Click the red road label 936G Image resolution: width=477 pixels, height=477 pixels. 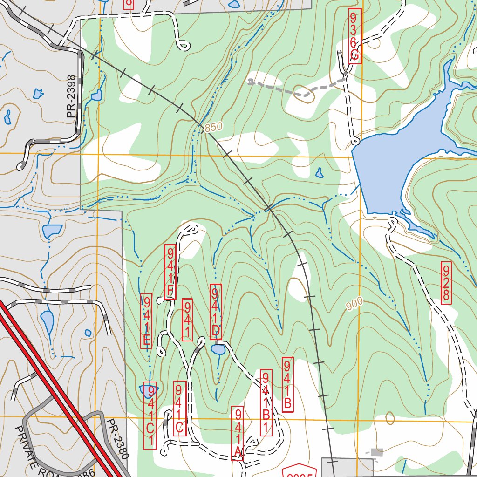pyautogui.click(x=354, y=36)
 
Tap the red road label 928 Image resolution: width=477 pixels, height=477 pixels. pyautogui.click(x=446, y=283)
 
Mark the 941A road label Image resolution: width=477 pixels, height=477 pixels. pyautogui.click(x=238, y=433)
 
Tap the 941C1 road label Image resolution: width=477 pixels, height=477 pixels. pyautogui.click(x=150, y=416)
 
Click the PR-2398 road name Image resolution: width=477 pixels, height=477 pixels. pyautogui.click(x=71, y=96)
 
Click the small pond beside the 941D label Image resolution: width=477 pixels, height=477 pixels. pyautogui.click(x=218, y=349)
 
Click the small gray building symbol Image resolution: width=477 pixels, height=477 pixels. pyautogui.click(x=377, y=452)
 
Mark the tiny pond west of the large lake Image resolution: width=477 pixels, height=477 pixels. pyautogui.click(x=319, y=173)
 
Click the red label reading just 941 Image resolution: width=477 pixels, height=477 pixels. pyautogui.click(x=187, y=320)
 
